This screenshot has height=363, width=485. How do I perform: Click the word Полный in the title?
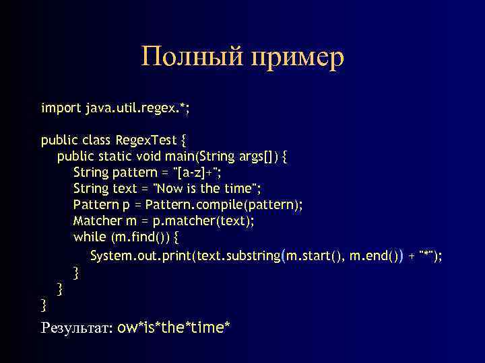[192, 56]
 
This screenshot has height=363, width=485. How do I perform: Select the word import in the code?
[61, 108]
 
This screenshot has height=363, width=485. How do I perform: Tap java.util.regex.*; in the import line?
[137, 108]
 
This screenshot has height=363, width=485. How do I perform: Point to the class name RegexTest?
[146, 140]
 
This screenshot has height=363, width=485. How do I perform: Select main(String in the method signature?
[200, 157]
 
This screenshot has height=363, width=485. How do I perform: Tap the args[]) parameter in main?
[259, 157]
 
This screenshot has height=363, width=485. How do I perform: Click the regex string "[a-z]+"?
[197, 173]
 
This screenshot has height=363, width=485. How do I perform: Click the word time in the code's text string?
[238, 188]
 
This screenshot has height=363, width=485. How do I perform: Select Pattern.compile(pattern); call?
[224, 205]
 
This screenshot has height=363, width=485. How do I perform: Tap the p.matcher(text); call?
[203, 221]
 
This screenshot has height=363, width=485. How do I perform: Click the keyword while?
[90, 237]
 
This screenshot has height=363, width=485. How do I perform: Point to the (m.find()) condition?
[140, 237]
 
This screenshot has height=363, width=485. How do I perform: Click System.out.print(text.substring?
[185, 256]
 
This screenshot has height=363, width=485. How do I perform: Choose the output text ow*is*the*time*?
[174, 327]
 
